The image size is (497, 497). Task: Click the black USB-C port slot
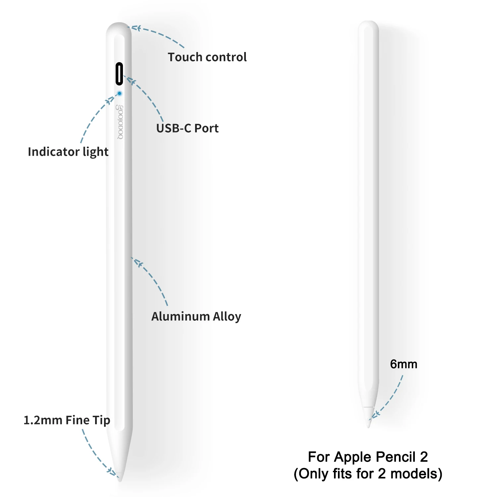[x=119, y=74]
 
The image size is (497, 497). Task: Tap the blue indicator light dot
[x=120, y=94]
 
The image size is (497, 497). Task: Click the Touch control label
[x=207, y=57]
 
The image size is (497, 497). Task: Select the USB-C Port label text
[x=187, y=128]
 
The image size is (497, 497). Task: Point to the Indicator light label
[x=68, y=152]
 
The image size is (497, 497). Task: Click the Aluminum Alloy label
[x=196, y=316]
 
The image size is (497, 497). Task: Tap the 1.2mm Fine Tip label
[x=67, y=420]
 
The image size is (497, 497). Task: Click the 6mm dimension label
[x=404, y=364]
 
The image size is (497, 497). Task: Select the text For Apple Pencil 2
[x=368, y=457]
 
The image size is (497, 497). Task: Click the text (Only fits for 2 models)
[x=368, y=474]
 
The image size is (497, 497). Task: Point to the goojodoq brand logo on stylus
[x=120, y=122]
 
